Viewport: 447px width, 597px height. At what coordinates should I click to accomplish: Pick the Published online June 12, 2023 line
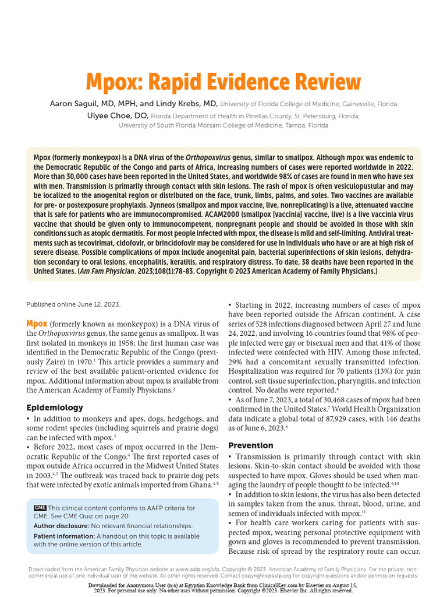point(73,304)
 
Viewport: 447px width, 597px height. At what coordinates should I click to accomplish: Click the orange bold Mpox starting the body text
point(37,324)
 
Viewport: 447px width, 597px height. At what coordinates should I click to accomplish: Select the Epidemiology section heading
point(55,408)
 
